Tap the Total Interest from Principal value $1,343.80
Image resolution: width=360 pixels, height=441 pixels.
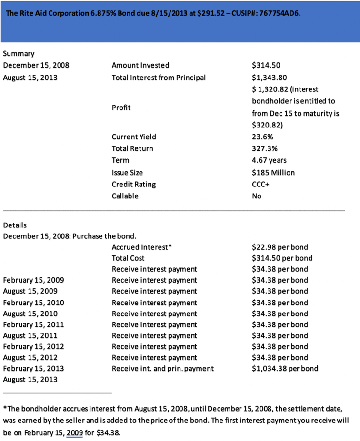coord(269,77)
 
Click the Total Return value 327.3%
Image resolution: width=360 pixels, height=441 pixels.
coord(264,148)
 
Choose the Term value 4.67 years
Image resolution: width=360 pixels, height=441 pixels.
coord(269,160)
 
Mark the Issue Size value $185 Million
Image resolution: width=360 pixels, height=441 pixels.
coord(273,172)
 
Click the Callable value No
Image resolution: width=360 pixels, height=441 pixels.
coord(257,196)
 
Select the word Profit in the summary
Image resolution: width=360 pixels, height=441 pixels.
coord(121,108)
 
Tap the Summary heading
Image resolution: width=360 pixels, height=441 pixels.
coord(19,53)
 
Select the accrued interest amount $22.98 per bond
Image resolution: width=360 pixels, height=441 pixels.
coord(280,247)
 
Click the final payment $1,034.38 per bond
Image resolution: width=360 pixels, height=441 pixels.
coord(285,368)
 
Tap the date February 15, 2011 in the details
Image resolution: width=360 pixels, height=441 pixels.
coord(33,324)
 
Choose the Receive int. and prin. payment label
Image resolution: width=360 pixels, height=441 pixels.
coord(162,368)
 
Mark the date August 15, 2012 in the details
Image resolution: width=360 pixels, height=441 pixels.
coord(30,357)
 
